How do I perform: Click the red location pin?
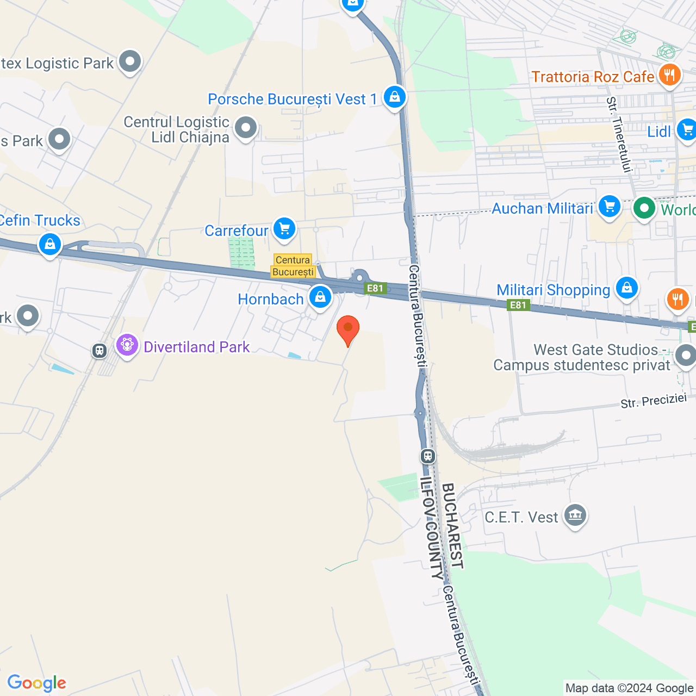pyautogui.click(x=348, y=330)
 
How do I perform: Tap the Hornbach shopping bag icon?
pyautogui.click(x=320, y=297)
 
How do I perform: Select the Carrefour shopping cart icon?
pyautogui.click(x=284, y=229)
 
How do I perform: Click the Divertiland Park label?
pyautogui.click(x=196, y=347)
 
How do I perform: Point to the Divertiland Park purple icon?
pyautogui.click(x=127, y=345)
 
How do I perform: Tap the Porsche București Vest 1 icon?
pyautogui.click(x=394, y=97)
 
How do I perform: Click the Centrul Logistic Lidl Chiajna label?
pyautogui.click(x=177, y=129)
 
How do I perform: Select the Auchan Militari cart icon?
pyautogui.click(x=609, y=207)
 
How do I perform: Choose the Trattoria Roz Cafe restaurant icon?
pyautogui.click(x=669, y=74)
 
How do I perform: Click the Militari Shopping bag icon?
pyautogui.click(x=626, y=287)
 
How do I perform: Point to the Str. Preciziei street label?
pyautogui.click(x=654, y=401)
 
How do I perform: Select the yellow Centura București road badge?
pyautogui.click(x=293, y=266)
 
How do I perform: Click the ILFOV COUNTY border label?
pyautogui.click(x=432, y=528)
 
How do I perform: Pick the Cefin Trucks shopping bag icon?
pyautogui.click(x=50, y=244)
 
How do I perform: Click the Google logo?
pyautogui.click(x=37, y=683)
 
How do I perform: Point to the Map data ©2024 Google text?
pyautogui.click(x=629, y=688)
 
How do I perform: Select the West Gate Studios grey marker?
pyautogui.click(x=685, y=356)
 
